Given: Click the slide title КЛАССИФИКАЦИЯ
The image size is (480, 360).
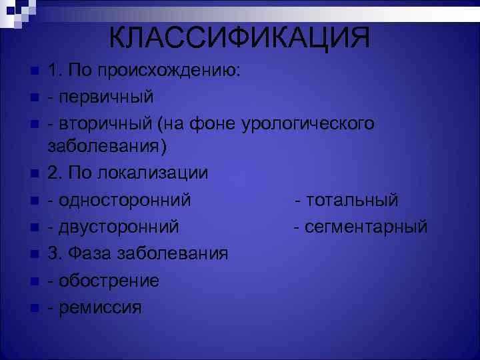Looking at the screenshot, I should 239,37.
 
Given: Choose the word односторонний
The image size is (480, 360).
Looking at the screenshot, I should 124,199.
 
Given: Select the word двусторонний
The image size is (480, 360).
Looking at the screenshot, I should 118,227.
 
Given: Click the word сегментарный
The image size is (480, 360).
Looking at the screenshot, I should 366,227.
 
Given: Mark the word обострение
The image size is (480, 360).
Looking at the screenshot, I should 109,281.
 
